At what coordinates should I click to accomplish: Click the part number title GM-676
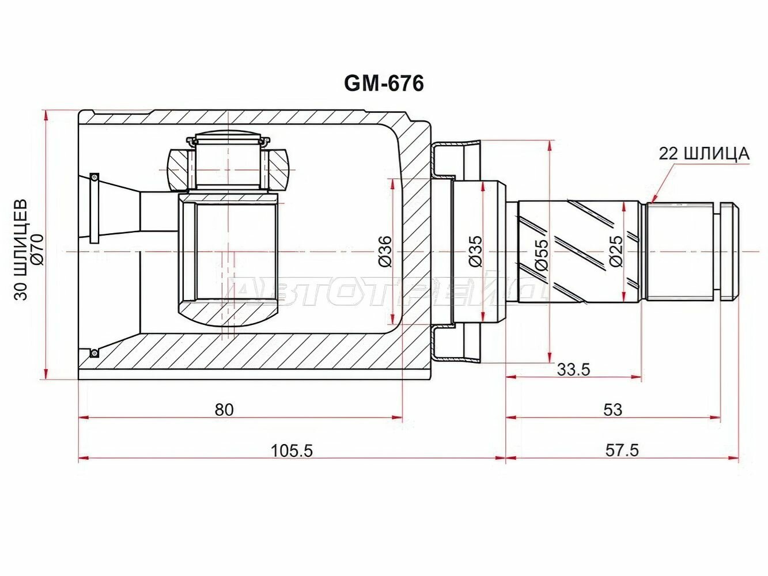click(384, 84)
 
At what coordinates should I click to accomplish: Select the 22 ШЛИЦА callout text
click(704, 154)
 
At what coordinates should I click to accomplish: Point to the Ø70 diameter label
click(37, 250)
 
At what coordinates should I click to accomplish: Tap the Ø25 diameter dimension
click(616, 251)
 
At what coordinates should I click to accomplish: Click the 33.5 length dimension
click(573, 369)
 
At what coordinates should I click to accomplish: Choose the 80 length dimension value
click(224, 410)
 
